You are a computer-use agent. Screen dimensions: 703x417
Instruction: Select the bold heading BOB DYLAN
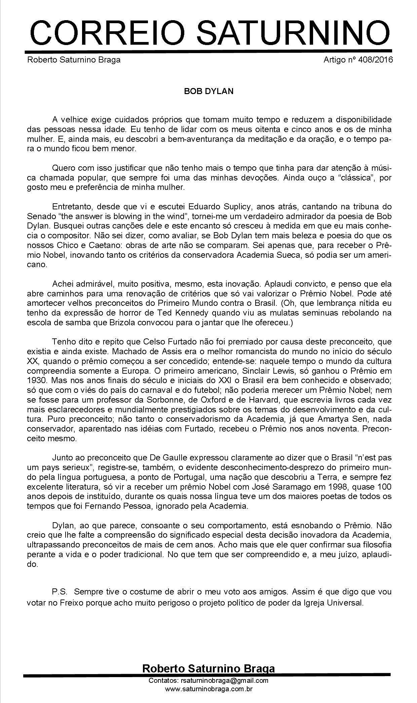pyautogui.click(x=208, y=91)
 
